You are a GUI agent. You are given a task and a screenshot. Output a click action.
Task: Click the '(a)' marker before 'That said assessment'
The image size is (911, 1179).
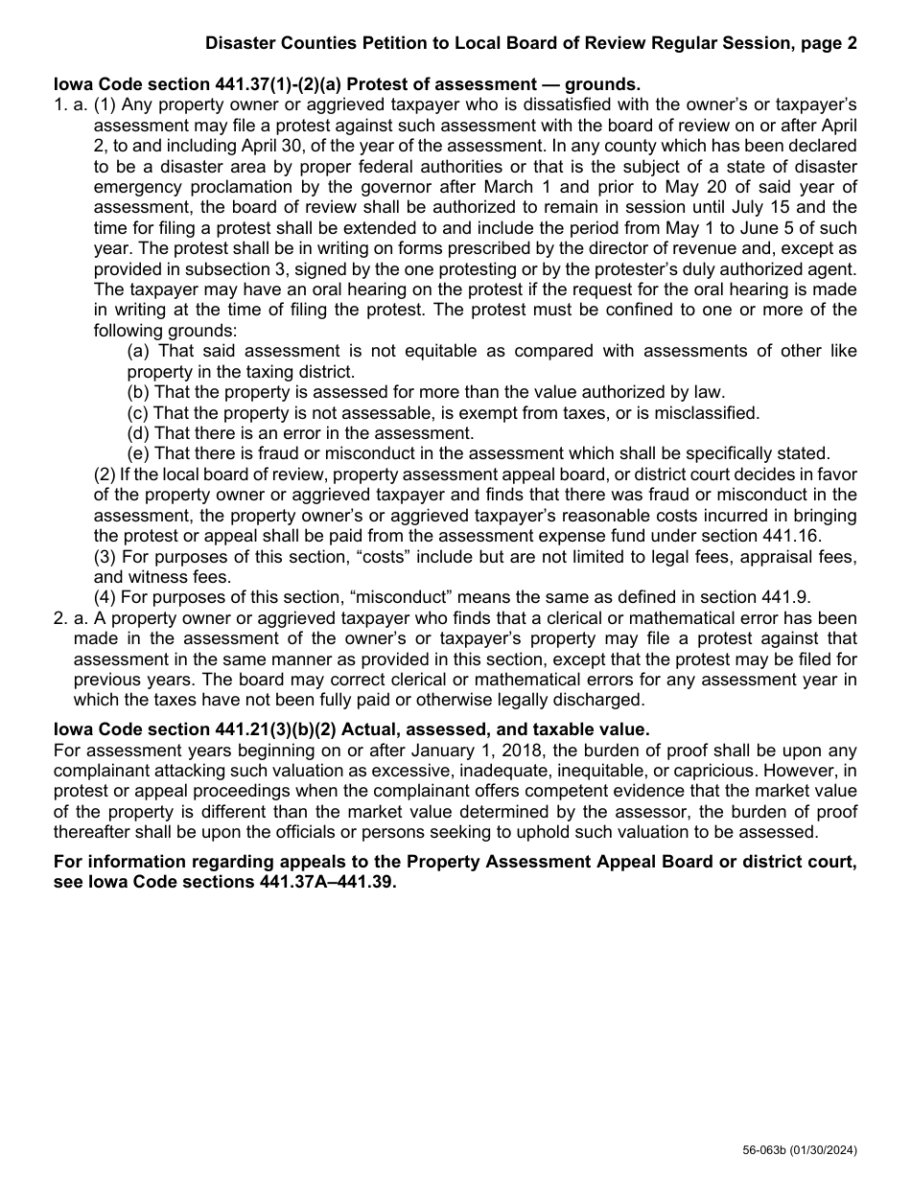coord(140,352)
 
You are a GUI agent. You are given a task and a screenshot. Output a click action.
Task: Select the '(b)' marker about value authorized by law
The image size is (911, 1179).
coord(140,391)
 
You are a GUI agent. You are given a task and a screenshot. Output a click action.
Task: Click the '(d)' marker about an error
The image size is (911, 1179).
coord(140,432)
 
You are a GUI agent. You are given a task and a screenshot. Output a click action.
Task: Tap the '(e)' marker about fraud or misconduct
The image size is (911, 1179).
coord(140,453)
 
